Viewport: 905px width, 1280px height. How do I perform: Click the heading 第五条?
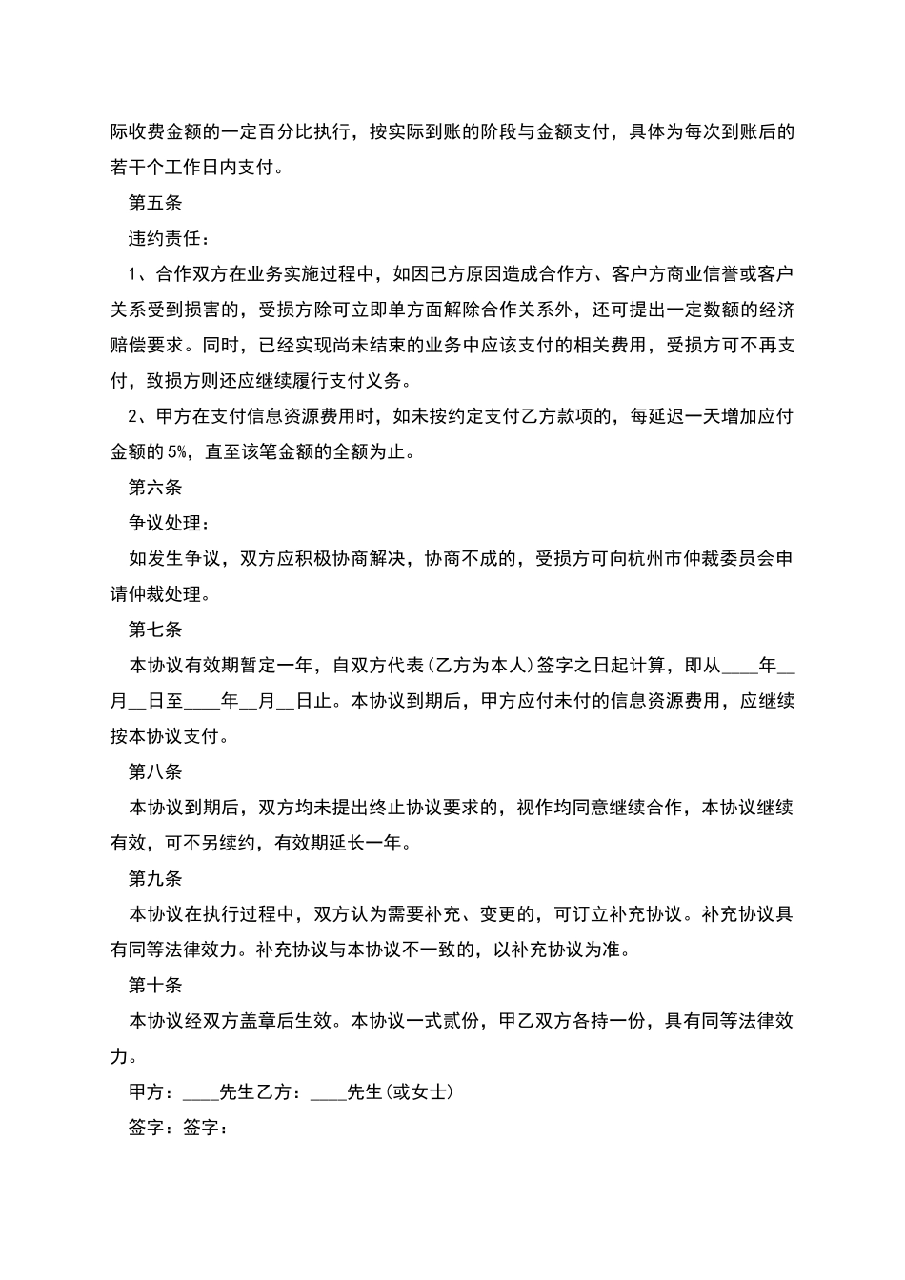click(x=154, y=203)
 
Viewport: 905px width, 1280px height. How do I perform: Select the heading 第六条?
click(x=154, y=488)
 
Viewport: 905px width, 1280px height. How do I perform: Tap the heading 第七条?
click(x=154, y=630)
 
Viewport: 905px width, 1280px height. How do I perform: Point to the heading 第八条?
click(x=154, y=772)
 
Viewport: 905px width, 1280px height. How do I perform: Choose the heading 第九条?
click(x=154, y=879)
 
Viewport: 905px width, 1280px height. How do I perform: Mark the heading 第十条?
click(x=154, y=986)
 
